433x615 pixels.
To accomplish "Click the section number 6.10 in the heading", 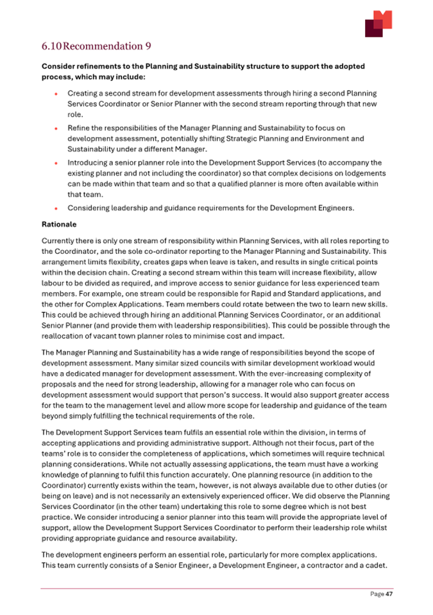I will (x=52, y=46).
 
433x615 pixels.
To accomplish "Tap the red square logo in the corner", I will (x=378, y=24).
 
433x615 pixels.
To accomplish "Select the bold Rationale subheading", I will (x=59, y=225).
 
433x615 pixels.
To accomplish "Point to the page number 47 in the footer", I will (x=389, y=594).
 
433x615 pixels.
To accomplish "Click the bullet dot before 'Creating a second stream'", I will (x=56, y=94).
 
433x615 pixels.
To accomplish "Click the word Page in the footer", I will (x=376, y=594).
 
